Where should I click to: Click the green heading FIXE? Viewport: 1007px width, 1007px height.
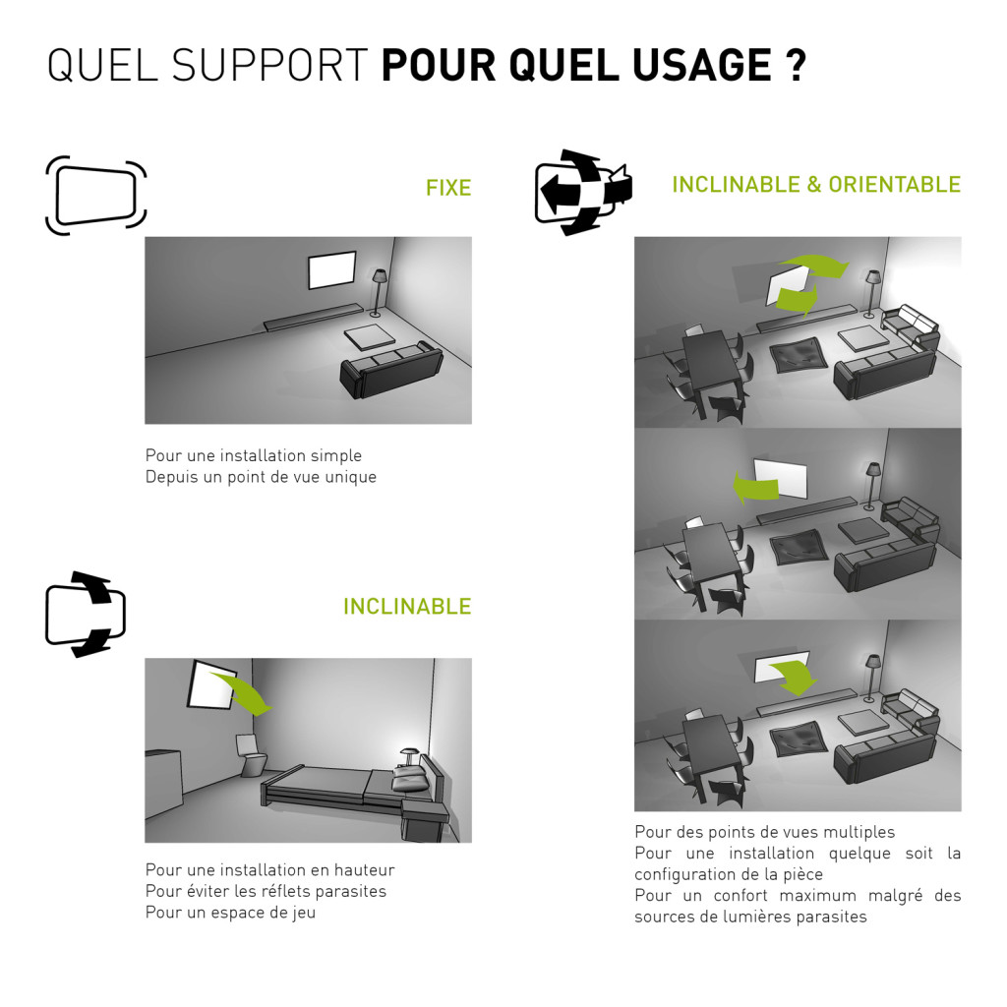[448, 188]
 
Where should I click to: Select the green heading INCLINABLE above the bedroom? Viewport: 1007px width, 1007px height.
[407, 606]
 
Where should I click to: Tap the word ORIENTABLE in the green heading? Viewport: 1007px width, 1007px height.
[894, 184]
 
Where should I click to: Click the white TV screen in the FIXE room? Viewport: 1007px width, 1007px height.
[332, 270]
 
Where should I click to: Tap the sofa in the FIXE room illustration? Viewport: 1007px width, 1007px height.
[391, 370]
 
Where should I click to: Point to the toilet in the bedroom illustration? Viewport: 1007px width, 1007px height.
[251, 755]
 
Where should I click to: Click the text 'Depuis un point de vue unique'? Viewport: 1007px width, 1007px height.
[261, 477]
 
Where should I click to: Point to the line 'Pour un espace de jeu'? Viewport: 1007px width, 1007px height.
[230, 913]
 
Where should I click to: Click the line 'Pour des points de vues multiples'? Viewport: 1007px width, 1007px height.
[764, 832]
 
